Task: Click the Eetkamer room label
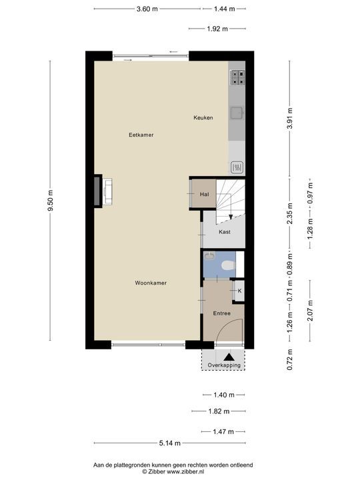click(141, 135)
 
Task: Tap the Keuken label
click(203, 117)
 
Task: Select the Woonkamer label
click(151, 283)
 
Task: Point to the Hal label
click(204, 194)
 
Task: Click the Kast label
click(225, 232)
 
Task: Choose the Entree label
click(222, 313)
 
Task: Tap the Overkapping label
click(224, 365)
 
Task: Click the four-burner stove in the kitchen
click(238, 77)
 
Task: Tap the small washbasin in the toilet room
click(210, 255)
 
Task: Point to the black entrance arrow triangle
click(229, 357)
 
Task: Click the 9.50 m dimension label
click(50, 201)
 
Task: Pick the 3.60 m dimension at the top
click(147, 9)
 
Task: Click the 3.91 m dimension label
click(289, 119)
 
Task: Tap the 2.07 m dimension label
click(310, 311)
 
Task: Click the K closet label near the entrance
click(239, 291)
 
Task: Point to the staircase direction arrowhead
click(231, 217)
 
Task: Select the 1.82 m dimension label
click(219, 411)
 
